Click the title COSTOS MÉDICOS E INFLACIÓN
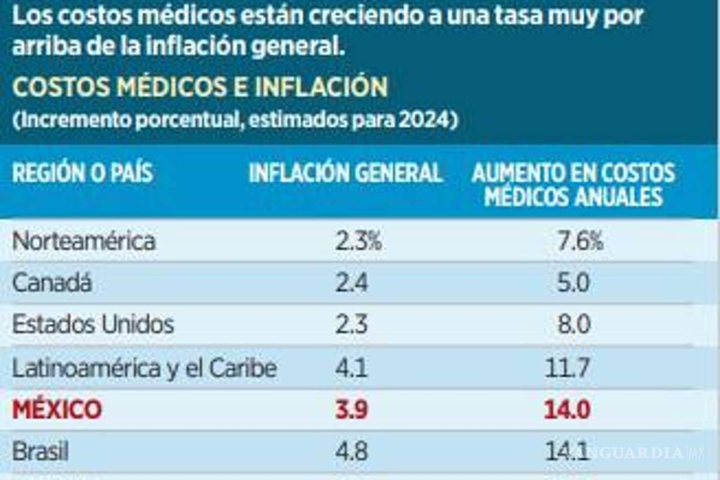click(x=200, y=88)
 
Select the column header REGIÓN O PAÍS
click(x=82, y=173)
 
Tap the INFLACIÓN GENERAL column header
click(x=346, y=173)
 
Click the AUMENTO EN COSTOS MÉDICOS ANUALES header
click(x=573, y=185)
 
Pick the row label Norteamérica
click(x=84, y=242)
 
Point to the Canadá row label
click(x=52, y=283)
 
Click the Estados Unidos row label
click(x=93, y=325)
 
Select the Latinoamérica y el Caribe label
click(x=145, y=368)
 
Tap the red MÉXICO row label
click(x=57, y=410)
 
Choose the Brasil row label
click(x=40, y=451)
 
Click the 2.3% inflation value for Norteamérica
click(x=358, y=242)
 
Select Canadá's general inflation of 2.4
click(x=351, y=283)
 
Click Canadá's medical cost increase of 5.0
click(x=574, y=283)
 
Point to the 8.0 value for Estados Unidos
click(x=574, y=325)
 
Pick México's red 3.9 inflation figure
click(x=351, y=410)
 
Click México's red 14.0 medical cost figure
click(x=568, y=410)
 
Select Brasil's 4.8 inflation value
click(x=351, y=451)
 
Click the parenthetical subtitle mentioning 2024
click(x=235, y=119)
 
